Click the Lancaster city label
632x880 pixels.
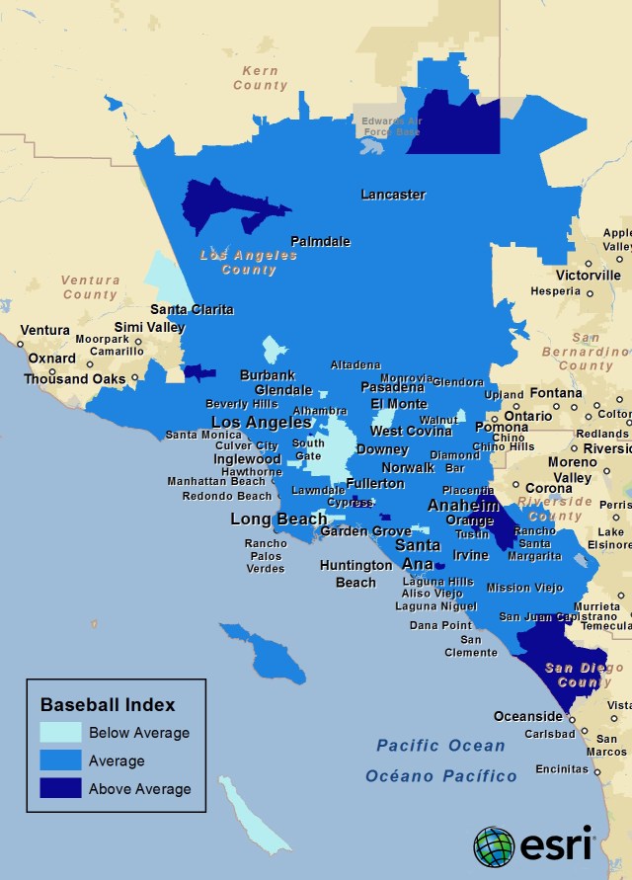click(392, 195)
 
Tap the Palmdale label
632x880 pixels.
click(320, 241)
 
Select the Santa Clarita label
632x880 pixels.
click(192, 309)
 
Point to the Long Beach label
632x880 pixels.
click(278, 519)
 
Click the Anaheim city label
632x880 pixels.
click(462, 505)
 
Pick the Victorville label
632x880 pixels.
click(588, 275)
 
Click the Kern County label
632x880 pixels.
click(260, 78)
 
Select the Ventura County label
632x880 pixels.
click(90, 287)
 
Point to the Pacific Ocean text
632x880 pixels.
click(440, 746)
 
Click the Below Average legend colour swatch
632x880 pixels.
click(60, 733)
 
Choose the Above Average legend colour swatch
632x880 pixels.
click(60, 788)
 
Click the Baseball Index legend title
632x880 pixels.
click(108, 704)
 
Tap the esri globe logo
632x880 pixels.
click(493, 846)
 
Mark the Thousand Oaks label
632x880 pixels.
click(74, 378)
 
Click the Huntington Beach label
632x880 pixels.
click(355, 574)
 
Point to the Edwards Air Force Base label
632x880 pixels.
click(391, 126)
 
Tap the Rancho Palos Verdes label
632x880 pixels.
click(266, 556)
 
